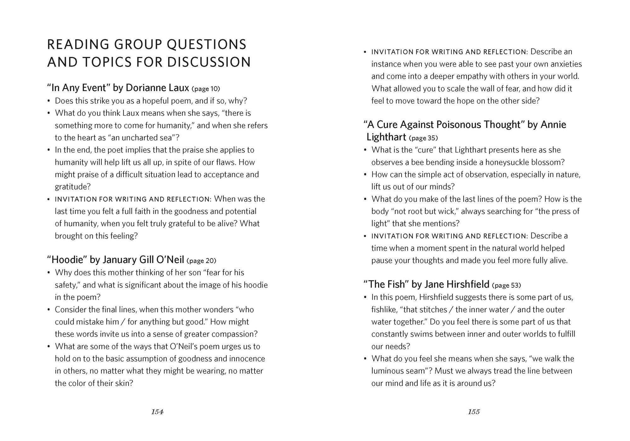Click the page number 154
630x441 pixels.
(157, 412)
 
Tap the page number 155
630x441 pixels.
(474, 412)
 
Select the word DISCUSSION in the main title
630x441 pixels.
(209, 62)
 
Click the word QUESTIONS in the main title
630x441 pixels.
(206, 44)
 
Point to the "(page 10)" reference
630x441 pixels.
(206, 89)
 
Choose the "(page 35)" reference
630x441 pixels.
(423, 138)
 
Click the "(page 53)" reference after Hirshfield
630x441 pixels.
(507, 285)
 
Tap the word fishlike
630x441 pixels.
(384, 310)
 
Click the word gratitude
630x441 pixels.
(72, 187)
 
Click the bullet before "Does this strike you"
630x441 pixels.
(49, 101)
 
